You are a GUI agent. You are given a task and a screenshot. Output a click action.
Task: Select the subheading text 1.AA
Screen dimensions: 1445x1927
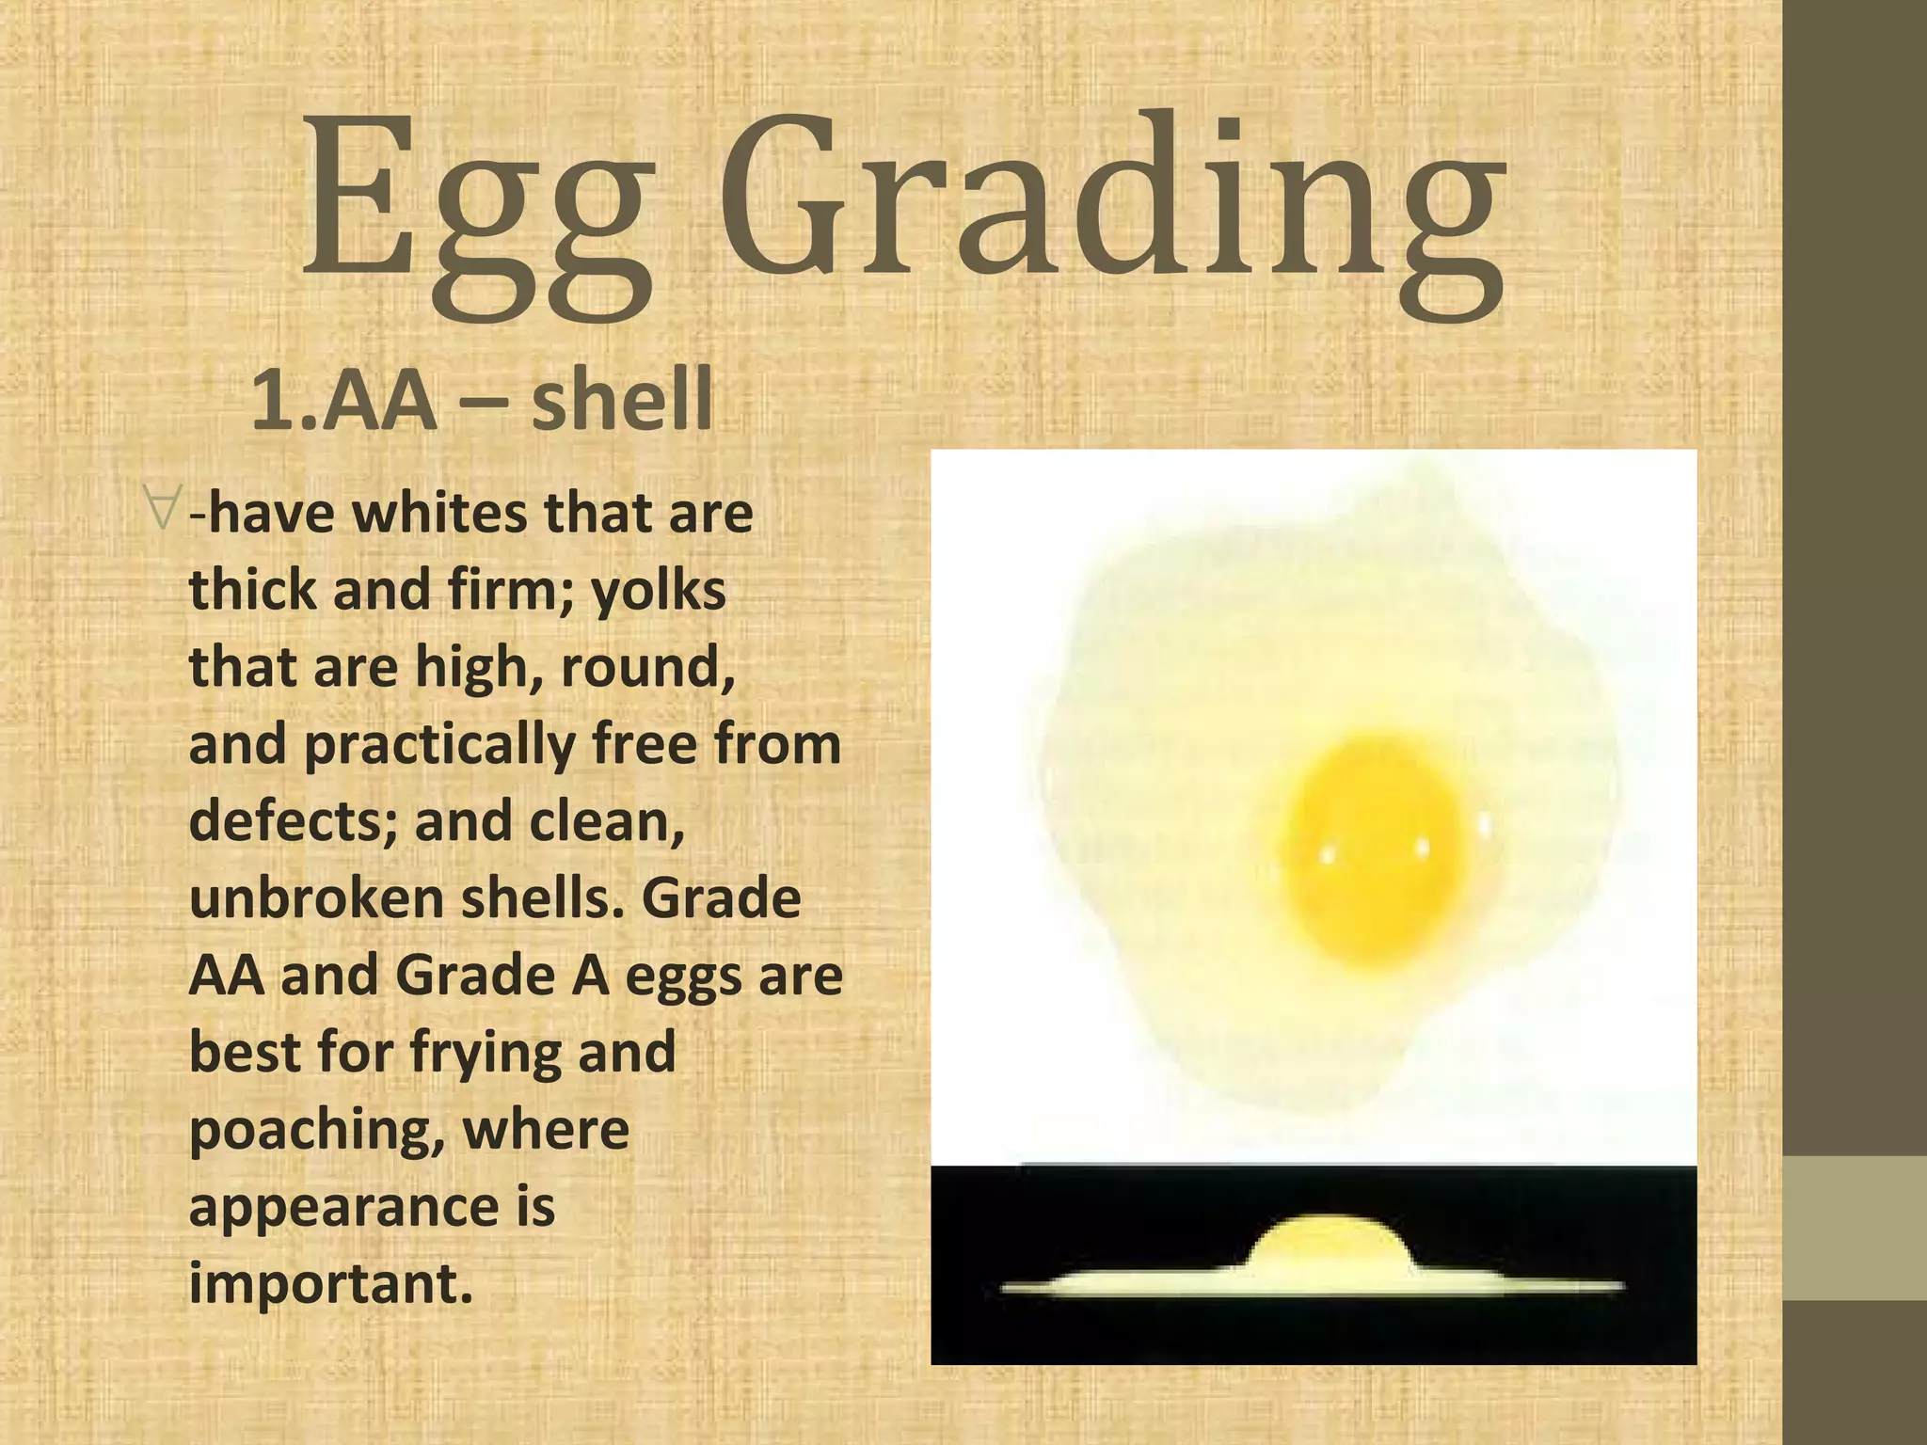click(343, 401)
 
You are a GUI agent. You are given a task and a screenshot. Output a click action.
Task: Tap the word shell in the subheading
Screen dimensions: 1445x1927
click(622, 399)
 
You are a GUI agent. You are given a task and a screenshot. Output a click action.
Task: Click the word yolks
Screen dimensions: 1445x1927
click(659, 591)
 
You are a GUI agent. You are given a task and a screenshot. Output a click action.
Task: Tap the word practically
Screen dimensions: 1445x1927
click(438, 745)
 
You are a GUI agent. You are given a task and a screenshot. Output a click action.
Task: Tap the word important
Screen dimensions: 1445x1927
click(329, 1283)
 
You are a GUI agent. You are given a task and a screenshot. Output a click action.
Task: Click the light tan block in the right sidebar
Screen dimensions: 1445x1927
click(1855, 1228)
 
